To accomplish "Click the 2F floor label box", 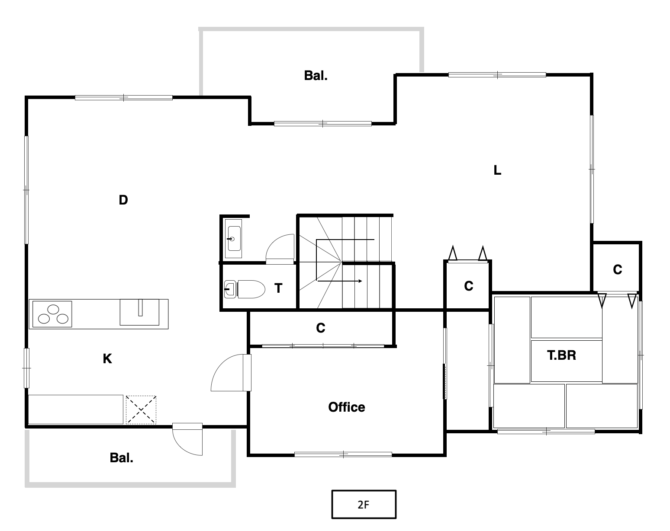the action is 364,505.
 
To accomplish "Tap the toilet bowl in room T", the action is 251,289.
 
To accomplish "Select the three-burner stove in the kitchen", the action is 52,314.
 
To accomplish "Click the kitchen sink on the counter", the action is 139,312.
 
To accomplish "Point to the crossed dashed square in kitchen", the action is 141,409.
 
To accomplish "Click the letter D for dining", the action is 123,200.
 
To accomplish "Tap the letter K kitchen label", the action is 107,359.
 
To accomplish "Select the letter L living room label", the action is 497,170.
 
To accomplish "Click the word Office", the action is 347,407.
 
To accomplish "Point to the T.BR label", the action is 561,355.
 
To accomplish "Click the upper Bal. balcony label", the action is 316,76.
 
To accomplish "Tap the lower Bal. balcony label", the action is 122,458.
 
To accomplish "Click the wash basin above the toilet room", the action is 234,239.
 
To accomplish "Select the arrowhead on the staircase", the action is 360,281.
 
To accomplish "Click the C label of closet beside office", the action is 321,328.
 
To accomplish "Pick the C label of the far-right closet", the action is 617,269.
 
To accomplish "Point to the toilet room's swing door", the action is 280,249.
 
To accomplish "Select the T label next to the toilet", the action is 278,288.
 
